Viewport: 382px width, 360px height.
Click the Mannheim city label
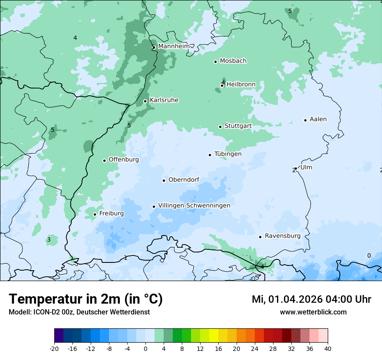click(x=174, y=46)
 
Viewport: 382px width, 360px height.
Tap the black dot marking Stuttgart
click(x=220, y=127)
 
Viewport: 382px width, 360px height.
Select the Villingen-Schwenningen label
click(x=194, y=205)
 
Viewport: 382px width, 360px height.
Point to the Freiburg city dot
click(x=95, y=214)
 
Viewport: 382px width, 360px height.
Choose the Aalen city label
click(x=318, y=119)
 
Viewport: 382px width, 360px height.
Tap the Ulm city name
click(x=306, y=167)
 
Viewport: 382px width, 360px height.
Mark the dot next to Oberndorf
click(x=164, y=180)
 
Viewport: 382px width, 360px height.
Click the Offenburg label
click(x=124, y=160)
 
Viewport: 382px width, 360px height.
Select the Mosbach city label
click(x=233, y=61)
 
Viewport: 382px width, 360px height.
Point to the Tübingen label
click(x=228, y=154)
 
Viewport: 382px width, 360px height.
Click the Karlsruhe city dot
click(x=145, y=101)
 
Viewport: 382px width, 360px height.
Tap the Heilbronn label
click(x=241, y=84)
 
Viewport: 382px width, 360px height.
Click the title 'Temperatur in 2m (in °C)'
click(x=86, y=299)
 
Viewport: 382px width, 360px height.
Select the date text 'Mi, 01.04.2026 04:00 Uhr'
click(x=311, y=299)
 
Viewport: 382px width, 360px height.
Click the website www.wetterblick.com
click(x=313, y=312)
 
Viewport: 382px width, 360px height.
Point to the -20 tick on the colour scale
click(x=54, y=348)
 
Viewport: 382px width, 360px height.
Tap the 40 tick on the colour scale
click(x=328, y=348)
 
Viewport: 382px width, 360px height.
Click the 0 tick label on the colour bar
click(x=145, y=348)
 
